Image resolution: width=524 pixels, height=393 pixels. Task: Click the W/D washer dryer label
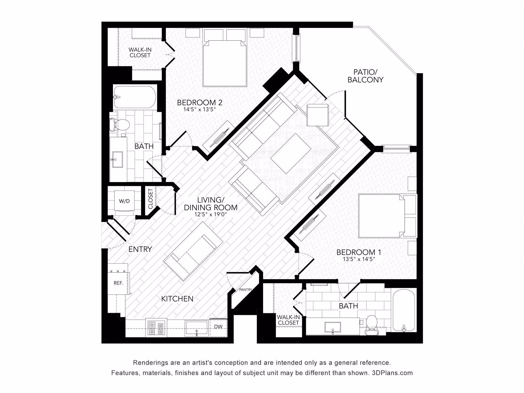(x=124, y=201)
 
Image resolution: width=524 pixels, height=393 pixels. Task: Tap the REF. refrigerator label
(x=118, y=283)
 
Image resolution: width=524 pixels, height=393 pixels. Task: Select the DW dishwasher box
(x=218, y=327)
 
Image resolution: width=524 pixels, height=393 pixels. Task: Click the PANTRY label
(x=245, y=290)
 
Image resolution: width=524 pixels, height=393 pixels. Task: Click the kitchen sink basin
(x=197, y=328)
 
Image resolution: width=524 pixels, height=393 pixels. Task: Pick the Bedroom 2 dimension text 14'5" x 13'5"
(x=200, y=110)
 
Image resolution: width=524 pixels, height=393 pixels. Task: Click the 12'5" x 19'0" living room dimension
(x=210, y=215)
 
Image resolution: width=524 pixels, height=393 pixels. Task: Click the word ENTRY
(x=140, y=249)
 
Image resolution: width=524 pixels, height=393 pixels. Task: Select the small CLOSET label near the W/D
(x=151, y=199)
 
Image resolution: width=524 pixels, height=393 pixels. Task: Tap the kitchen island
(x=193, y=251)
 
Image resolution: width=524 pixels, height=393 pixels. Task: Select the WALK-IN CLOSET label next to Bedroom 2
(x=140, y=52)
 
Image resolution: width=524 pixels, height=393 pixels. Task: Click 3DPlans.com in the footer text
(x=392, y=373)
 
